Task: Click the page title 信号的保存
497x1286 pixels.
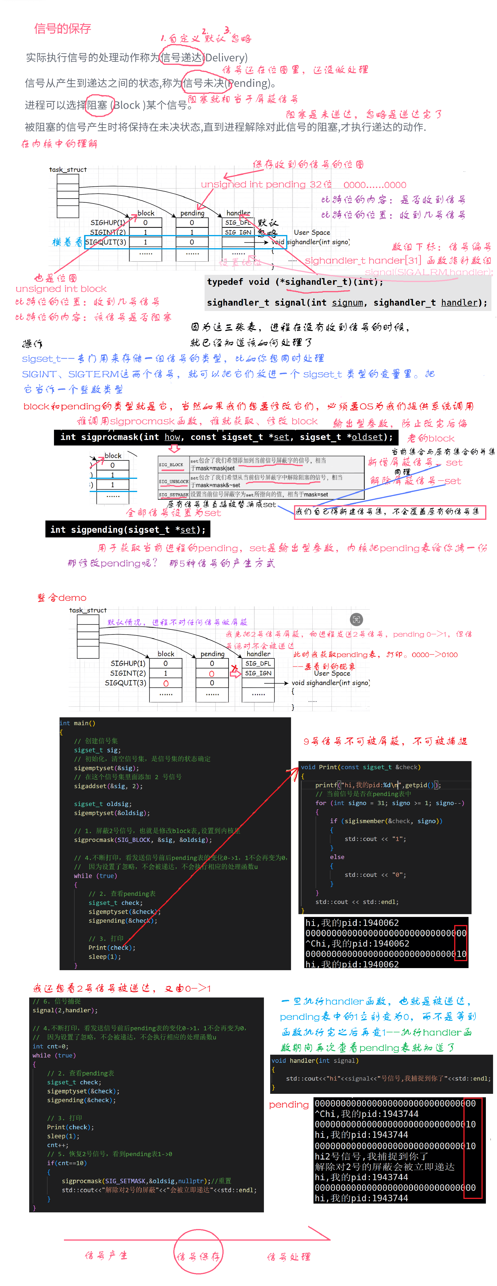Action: (62, 28)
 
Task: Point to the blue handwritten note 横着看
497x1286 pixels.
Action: (67, 242)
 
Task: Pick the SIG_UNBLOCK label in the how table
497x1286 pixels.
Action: (173, 482)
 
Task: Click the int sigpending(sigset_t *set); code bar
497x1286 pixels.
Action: (128, 530)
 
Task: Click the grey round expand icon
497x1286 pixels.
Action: (356, 620)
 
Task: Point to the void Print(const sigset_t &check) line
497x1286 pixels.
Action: (361, 767)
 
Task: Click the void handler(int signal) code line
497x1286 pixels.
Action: (315, 1060)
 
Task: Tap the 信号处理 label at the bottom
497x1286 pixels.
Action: (289, 1257)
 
